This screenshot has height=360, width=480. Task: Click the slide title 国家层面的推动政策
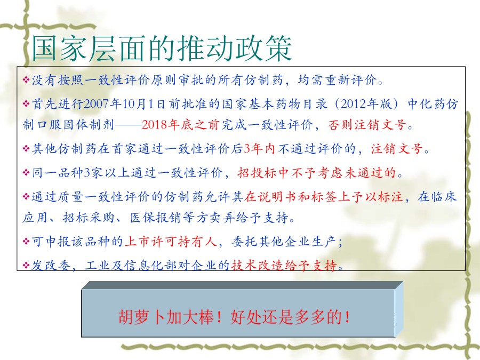(162, 49)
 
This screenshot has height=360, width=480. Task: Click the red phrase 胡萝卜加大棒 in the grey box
(166, 317)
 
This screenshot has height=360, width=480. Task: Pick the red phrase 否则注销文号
(367, 125)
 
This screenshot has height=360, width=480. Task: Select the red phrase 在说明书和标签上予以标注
(323, 197)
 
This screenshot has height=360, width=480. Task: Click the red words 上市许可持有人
(171, 242)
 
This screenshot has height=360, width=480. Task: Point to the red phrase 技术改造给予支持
(284, 266)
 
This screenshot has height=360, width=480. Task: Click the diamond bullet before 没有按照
(26, 80)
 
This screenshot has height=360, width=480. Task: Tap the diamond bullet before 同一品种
(26, 173)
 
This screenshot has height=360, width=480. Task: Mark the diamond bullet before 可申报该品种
(26, 242)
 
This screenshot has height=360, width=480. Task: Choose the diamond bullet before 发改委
(26, 266)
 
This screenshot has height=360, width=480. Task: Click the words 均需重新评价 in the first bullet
(338, 80)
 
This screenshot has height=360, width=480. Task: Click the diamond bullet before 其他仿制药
(26, 149)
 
